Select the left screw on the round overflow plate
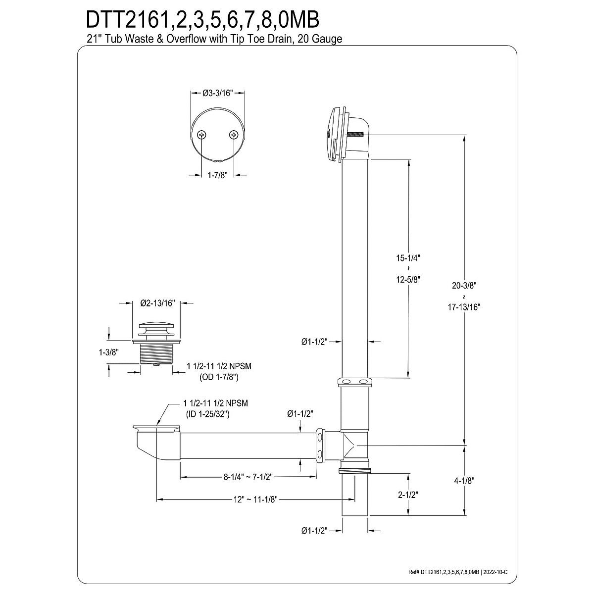[x=202, y=135]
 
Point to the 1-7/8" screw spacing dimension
[x=217, y=175]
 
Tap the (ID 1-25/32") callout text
[x=207, y=414]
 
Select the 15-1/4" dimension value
[x=408, y=257]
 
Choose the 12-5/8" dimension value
[x=408, y=279]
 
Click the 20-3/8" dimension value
[x=464, y=285]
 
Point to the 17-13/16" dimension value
[x=464, y=306]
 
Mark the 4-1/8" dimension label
[x=464, y=481]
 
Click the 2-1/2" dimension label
[x=408, y=495]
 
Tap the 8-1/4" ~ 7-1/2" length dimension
[x=248, y=477]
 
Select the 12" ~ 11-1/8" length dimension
[x=255, y=499]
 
